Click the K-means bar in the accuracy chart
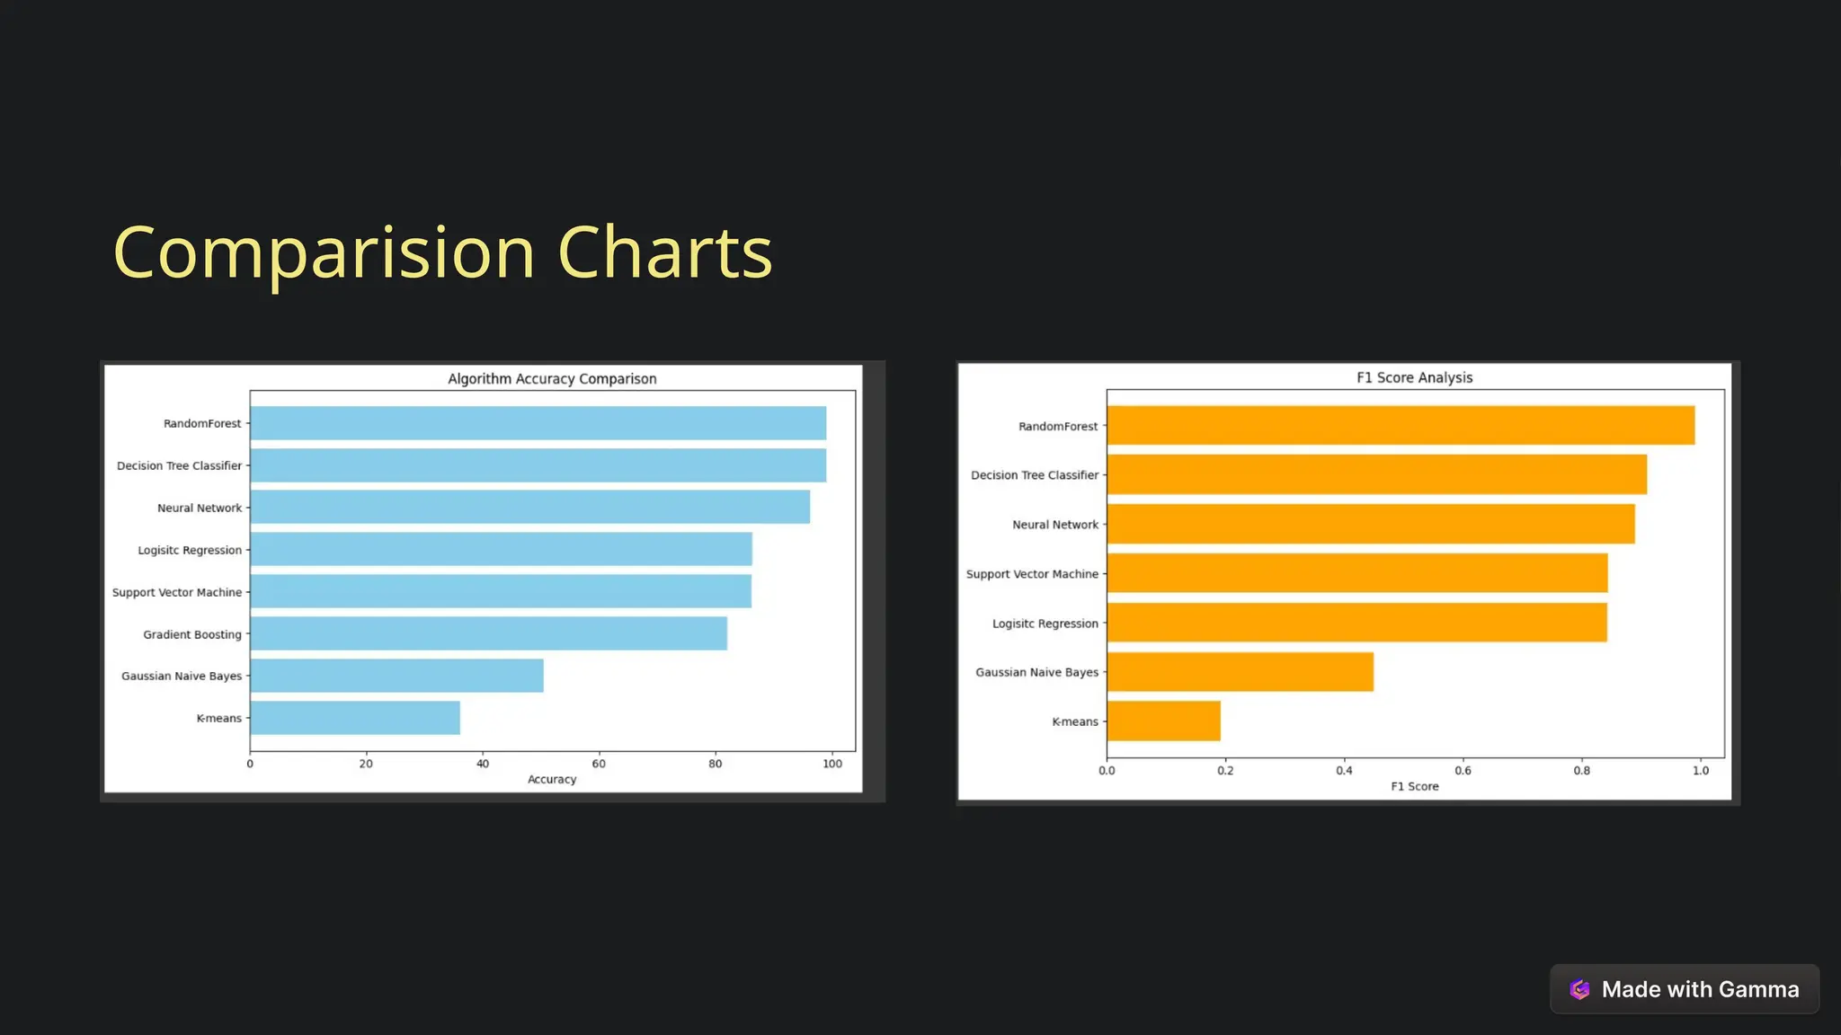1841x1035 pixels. [355, 718]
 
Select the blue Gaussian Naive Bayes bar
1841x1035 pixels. [396, 676]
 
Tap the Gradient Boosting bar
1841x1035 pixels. [488, 633]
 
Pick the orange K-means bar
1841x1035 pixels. [1163, 721]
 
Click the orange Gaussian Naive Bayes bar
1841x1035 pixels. [1240, 671]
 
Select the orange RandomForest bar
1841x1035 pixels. [1401, 425]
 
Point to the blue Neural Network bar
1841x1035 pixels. [529, 507]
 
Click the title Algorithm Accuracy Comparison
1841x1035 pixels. [552, 379]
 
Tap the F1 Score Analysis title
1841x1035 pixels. [1414, 377]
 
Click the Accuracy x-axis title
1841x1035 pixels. [552, 779]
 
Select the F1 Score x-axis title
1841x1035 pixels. [1414, 786]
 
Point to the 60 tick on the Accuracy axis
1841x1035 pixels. [599, 764]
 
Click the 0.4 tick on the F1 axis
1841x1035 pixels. [1344, 770]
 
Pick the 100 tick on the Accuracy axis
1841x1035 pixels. [832, 764]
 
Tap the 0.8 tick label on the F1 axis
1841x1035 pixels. [1581, 770]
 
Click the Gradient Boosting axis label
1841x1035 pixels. [192, 634]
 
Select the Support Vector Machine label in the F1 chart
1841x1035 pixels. [1032, 574]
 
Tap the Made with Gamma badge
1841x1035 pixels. [1684, 989]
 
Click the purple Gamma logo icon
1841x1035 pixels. [1579, 989]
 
